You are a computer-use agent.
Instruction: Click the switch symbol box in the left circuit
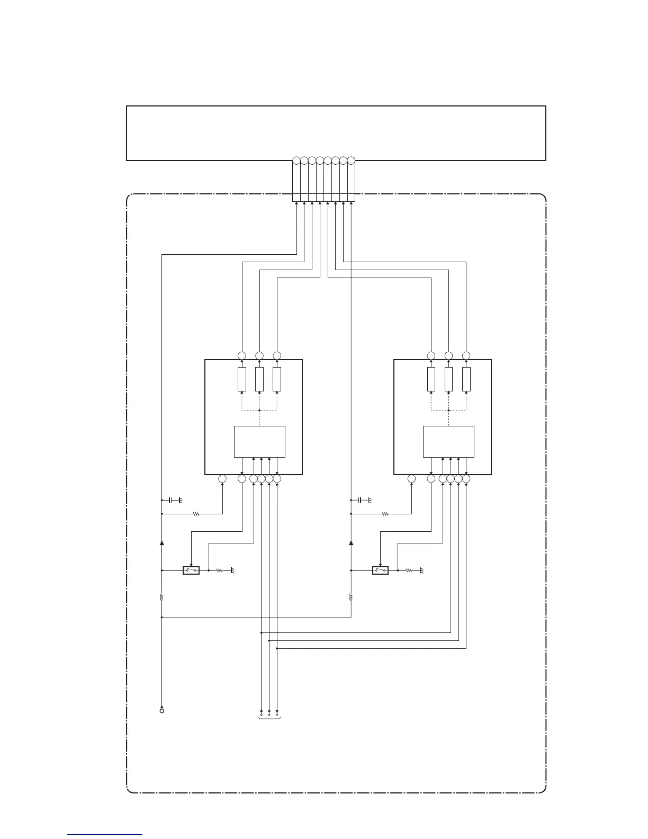[191, 570]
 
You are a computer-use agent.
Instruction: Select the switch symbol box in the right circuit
[380, 570]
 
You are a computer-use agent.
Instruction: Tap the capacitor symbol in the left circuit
[170, 500]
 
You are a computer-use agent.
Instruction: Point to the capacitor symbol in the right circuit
[360, 500]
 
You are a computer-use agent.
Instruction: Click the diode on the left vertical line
[162, 543]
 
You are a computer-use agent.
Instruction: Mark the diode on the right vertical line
[351, 543]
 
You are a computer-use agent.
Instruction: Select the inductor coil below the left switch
[162, 597]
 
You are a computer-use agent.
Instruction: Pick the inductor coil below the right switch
[351, 597]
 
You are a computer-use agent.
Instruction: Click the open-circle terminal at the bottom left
[162, 710]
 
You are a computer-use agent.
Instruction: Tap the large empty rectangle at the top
[336, 133]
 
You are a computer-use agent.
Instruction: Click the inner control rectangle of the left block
[259, 441]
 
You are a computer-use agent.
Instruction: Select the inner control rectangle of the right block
[448, 441]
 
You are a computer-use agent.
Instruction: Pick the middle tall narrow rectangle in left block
[259, 379]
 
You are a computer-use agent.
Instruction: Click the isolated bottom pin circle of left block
[222, 479]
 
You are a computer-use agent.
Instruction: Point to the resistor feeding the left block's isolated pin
[196, 513]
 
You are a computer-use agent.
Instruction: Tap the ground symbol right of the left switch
[231, 570]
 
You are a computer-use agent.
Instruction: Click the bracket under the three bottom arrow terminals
[269, 718]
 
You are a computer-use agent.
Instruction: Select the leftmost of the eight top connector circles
[296, 160]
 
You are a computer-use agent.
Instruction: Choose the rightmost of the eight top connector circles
[350, 160]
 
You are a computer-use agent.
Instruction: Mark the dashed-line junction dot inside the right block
[448, 409]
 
